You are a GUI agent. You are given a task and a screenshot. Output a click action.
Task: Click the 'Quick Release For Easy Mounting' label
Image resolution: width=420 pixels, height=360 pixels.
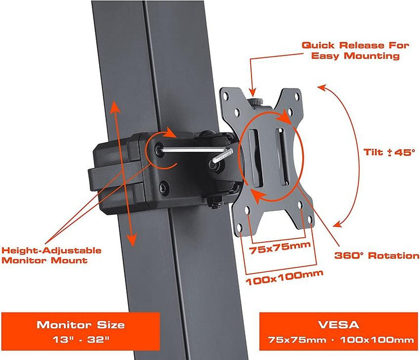pos(356,50)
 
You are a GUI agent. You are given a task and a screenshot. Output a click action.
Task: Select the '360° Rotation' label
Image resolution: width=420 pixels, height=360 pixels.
pos(377,255)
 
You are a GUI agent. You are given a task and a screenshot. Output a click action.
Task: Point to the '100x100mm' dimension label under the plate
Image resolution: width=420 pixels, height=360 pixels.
pos(280,280)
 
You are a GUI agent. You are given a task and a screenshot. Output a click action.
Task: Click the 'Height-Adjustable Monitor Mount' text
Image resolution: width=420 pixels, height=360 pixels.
pos(51,255)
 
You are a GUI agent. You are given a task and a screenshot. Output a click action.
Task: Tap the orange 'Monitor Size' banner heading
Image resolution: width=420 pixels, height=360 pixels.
pos(80,325)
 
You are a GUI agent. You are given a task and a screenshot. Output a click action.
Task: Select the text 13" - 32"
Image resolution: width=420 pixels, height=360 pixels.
pos(80,340)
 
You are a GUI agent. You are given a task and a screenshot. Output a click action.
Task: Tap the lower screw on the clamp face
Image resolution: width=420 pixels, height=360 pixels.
pos(164,188)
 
